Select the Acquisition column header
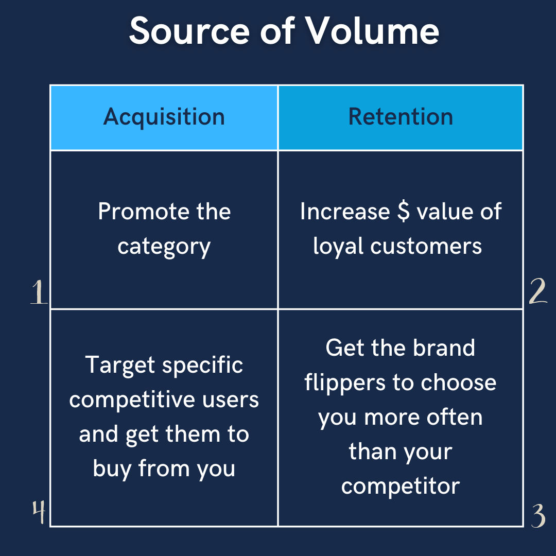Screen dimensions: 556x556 [164, 117]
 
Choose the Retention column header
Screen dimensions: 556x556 [401, 117]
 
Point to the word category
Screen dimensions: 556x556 [164, 247]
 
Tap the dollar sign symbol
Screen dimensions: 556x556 [404, 212]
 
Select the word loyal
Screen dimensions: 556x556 [339, 246]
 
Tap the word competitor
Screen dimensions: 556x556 [401, 486]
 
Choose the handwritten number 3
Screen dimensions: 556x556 [538, 515]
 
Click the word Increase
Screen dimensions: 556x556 [345, 212]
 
